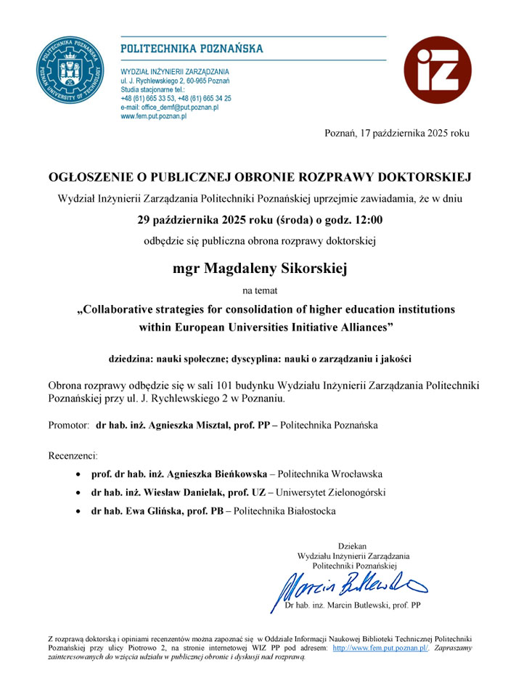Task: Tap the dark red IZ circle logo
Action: coord(437,70)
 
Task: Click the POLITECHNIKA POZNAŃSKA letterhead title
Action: coord(191,49)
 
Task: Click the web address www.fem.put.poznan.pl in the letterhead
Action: coord(153,115)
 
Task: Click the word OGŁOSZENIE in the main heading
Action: coord(89,177)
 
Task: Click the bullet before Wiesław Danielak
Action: coord(79,492)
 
